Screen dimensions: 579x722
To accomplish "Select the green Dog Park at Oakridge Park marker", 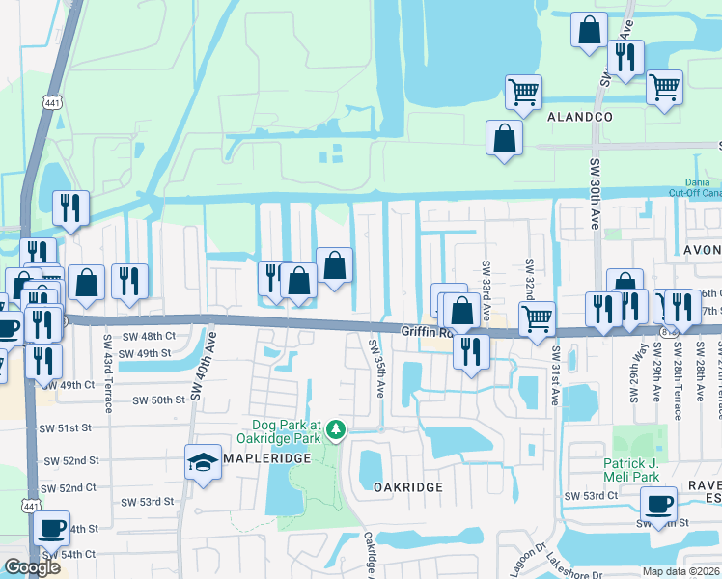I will (x=335, y=427).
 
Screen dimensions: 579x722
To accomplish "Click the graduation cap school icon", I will (x=204, y=462).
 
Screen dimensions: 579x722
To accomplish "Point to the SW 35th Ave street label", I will (x=376, y=367).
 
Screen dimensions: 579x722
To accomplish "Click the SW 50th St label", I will (x=157, y=400).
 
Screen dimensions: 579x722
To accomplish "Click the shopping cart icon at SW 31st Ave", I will (x=537, y=317).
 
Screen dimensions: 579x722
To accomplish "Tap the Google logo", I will (x=32, y=567).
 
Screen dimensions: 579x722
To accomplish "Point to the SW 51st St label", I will (x=66, y=427).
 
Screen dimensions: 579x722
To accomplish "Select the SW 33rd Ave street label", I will (x=486, y=280).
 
